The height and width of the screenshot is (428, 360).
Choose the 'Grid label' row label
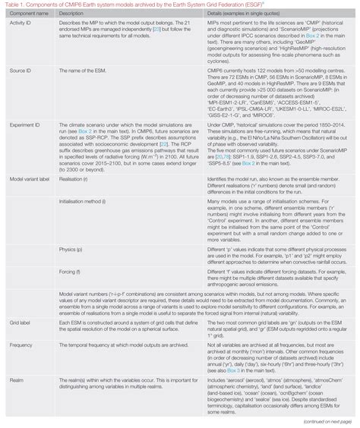18,324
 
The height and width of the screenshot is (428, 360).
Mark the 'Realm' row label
14,376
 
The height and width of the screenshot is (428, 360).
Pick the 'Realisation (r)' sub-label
74,177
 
